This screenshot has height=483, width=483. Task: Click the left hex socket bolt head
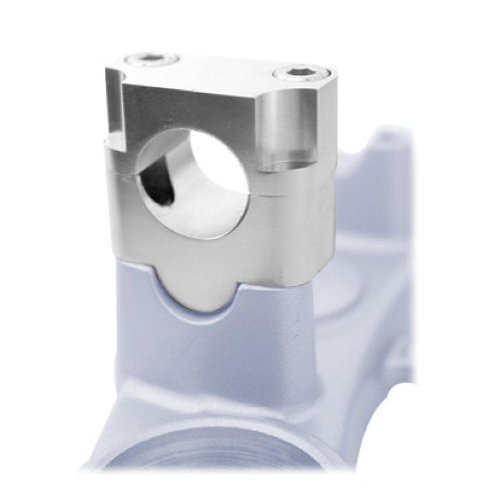pos(151,60)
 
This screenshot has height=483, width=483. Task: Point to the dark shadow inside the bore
pos(157,186)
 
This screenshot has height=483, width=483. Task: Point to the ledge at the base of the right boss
pos(290,166)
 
